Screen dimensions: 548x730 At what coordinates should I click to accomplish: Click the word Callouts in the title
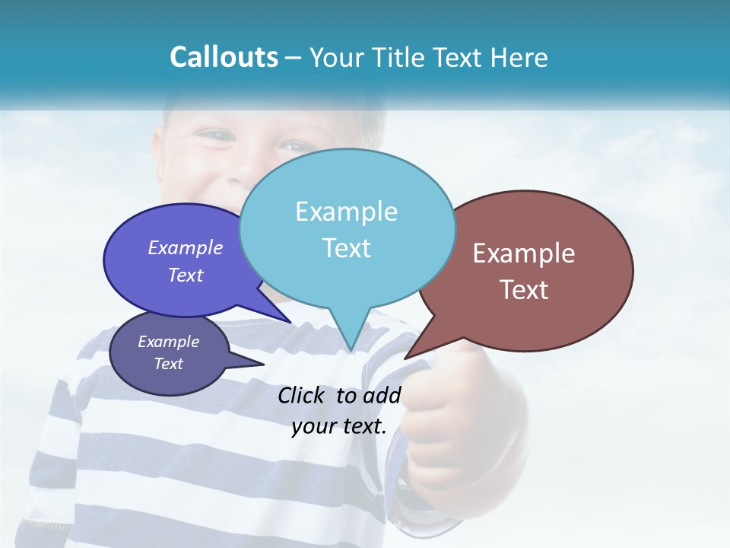click(x=224, y=57)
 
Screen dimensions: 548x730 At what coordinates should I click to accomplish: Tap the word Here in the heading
click(x=519, y=58)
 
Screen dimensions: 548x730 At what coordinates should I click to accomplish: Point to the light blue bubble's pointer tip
click(x=351, y=349)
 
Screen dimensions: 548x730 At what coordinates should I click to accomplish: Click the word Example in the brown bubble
click(x=524, y=253)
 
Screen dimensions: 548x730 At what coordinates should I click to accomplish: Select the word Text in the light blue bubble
click(x=347, y=248)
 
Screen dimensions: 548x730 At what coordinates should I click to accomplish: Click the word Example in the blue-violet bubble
click(x=186, y=247)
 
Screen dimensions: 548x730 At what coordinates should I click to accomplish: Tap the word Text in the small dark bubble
click(x=168, y=364)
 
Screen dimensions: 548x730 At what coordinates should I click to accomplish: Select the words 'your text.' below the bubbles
click(x=339, y=426)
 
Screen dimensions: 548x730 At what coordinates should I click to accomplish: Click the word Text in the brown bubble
click(x=525, y=290)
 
